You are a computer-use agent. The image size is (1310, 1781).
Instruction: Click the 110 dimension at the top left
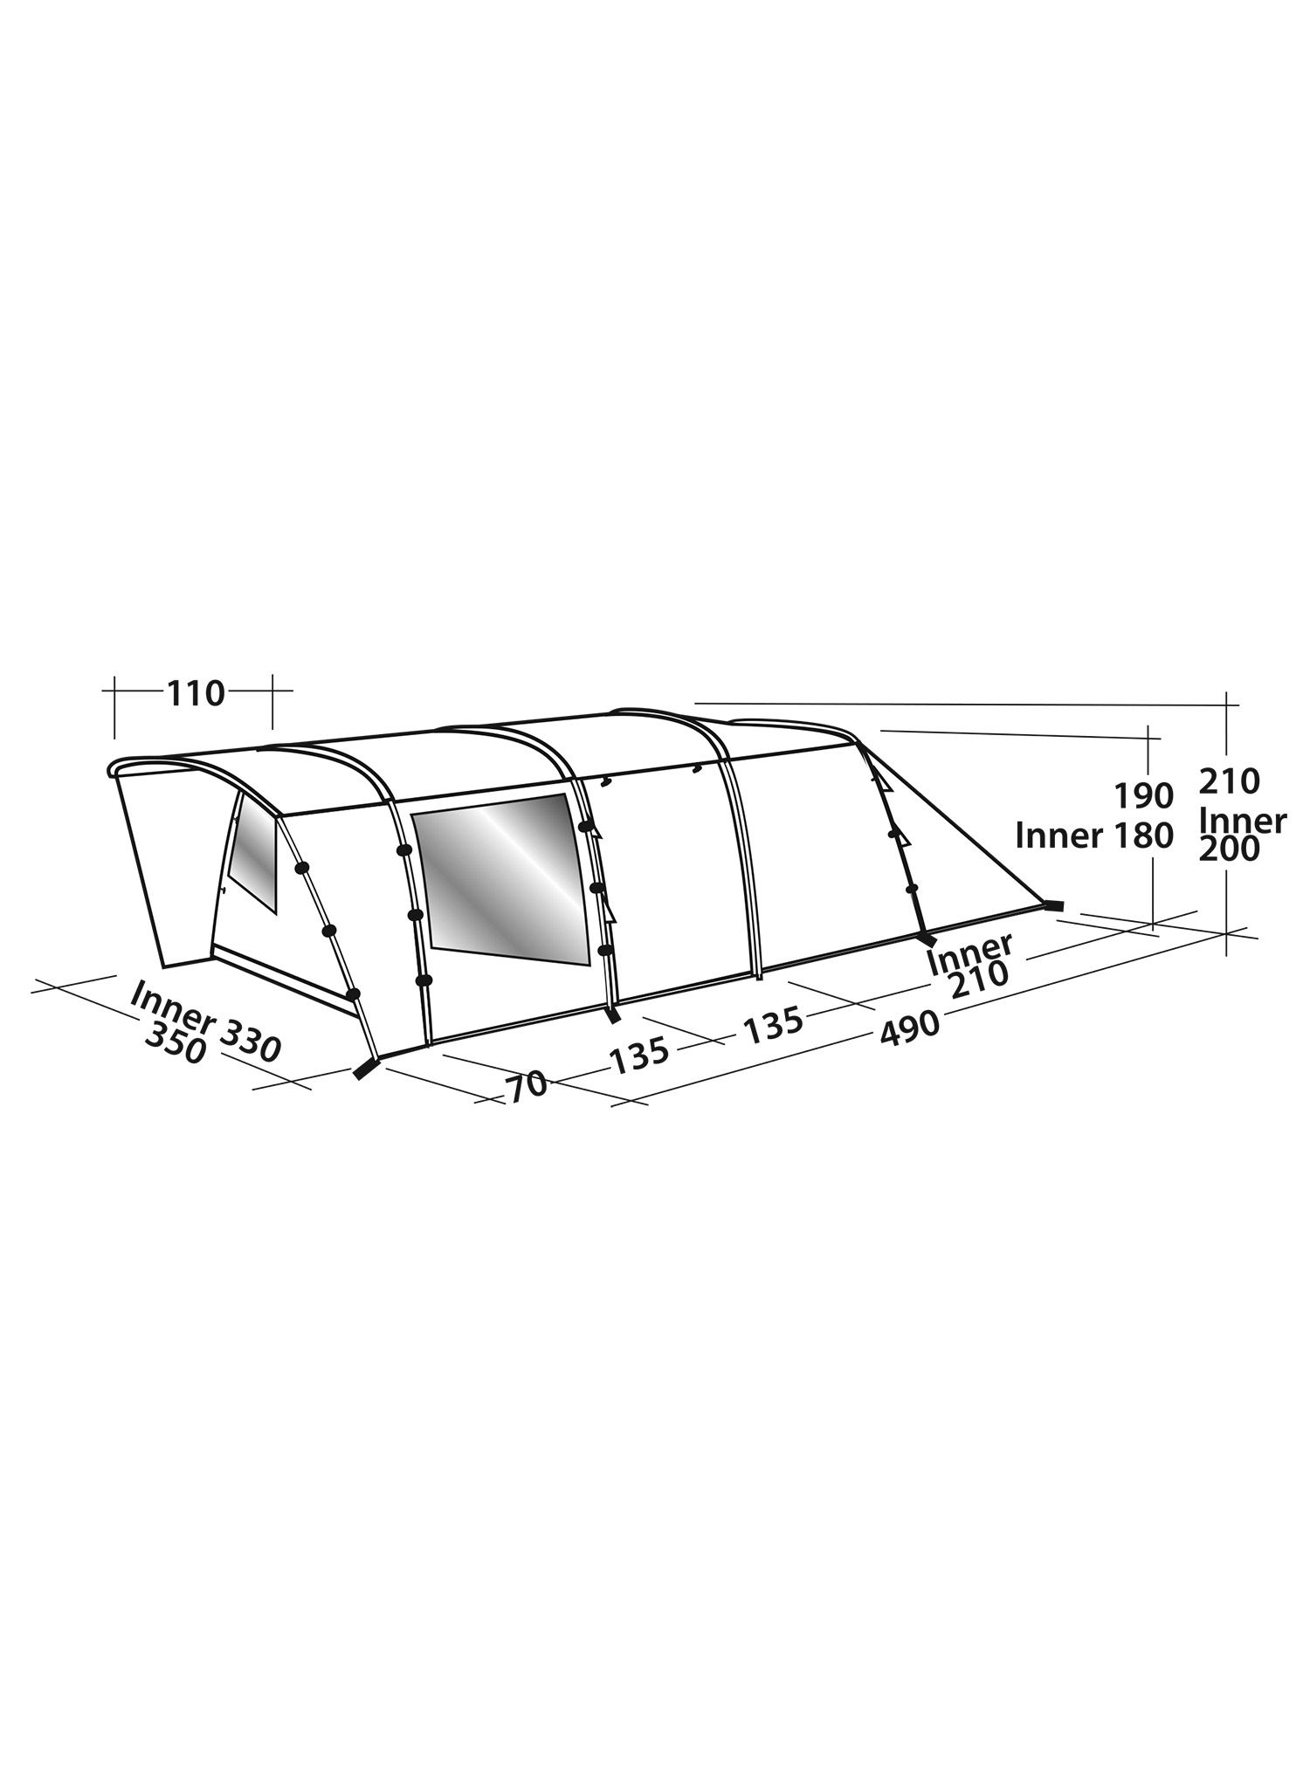[196, 694]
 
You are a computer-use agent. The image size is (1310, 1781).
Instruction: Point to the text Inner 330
[206, 1021]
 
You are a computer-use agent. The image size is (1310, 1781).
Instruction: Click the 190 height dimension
[1144, 796]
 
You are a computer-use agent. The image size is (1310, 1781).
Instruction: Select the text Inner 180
[1095, 836]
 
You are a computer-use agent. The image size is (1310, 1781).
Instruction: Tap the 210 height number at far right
[1230, 781]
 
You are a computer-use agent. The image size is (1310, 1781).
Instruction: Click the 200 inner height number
[1230, 849]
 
